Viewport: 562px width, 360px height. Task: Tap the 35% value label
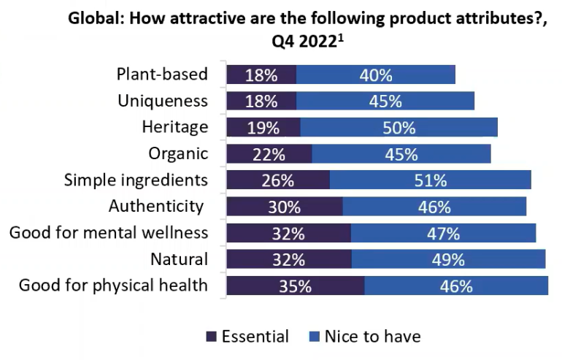[295, 286]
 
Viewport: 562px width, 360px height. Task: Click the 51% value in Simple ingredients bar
[430, 180]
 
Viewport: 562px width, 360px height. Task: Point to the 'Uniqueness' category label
[163, 101]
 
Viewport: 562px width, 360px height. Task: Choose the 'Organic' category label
[178, 153]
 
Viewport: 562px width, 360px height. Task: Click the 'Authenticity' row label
[156, 207]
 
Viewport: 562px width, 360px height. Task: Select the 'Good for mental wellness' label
[109, 233]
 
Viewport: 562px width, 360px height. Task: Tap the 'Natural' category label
[180, 259]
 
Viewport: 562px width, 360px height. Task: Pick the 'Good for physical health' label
[113, 286]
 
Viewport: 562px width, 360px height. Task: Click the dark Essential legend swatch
[212, 337]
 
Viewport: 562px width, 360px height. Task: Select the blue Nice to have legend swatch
[315, 337]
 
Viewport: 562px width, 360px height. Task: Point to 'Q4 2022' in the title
[301, 42]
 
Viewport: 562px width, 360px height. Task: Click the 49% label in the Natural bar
[448, 259]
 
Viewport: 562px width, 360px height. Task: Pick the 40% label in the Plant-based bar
[376, 74]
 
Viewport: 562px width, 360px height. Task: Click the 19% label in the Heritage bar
[263, 128]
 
